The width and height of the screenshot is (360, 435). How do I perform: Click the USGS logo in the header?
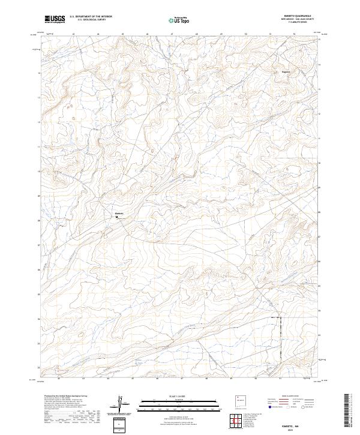[x=55, y=19]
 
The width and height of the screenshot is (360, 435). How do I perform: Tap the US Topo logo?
[x=179, y=20]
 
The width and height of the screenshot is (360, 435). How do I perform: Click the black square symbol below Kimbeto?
[x=116, y=217]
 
